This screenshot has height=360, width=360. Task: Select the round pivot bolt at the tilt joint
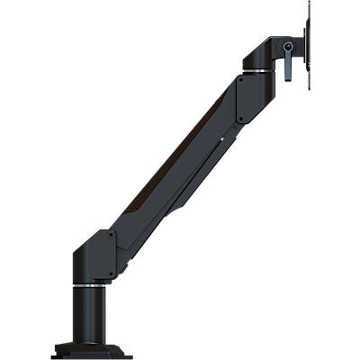[288, 45]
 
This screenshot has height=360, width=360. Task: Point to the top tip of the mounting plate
[310, 4]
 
